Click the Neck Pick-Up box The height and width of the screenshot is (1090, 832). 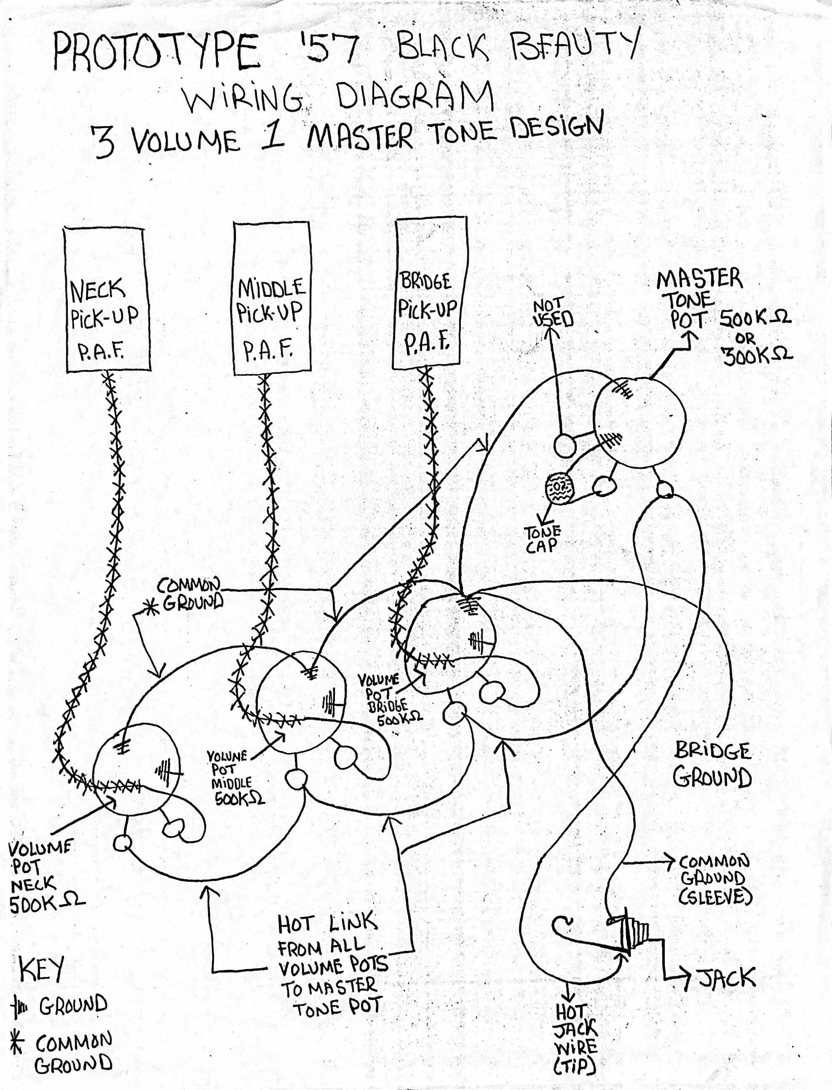tap(105, 299)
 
